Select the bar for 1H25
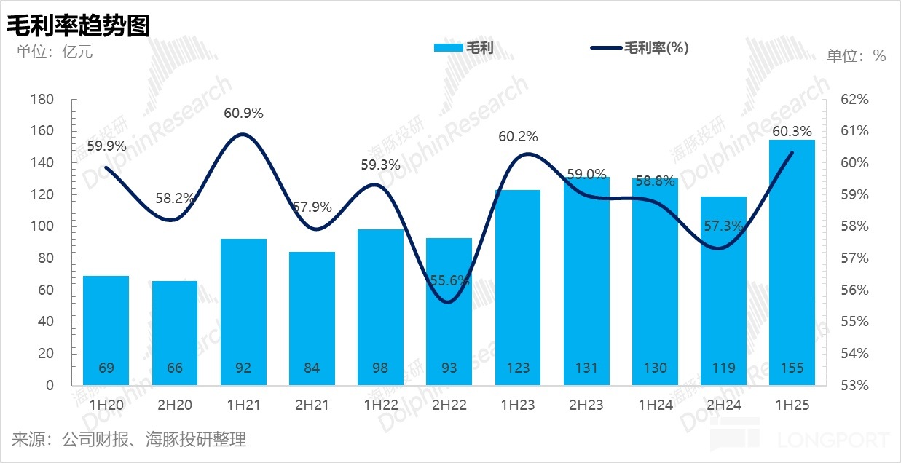pos(792,262)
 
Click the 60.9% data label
pos(243,114)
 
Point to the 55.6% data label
pos(449,280)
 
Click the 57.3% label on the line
pos(724,227)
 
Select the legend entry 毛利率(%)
pos(656,48)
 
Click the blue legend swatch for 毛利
pos(448,48)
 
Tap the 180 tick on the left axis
pos(43,99)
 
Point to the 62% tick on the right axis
pos(855,99)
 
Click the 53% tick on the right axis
pos(855,385)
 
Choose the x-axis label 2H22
pos(449,405)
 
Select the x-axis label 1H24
pos(655,405)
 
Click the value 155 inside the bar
pos(792,368)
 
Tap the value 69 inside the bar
pos(106,368)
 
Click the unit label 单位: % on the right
pos(856,55)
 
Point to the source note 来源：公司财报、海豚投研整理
pos(129,439)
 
